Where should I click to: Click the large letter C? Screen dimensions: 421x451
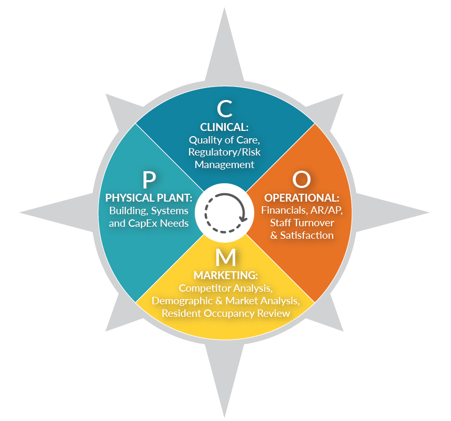pyautogui.click(x=225, y=108)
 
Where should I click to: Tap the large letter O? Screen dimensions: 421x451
pyautogui.click(x=301, y=180)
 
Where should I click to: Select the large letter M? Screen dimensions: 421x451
pyautogui.click(x=226, y=257)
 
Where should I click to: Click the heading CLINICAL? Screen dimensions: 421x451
pyautogui.click(x=225, y=127)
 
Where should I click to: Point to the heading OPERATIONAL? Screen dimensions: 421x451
pyautogui.click(x=302, y=198)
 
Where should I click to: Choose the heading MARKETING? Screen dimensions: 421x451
pyautogui.click(x=226, y=275)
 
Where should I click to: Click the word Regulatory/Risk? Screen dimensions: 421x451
pyautogui.click(x=225, y=152)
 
